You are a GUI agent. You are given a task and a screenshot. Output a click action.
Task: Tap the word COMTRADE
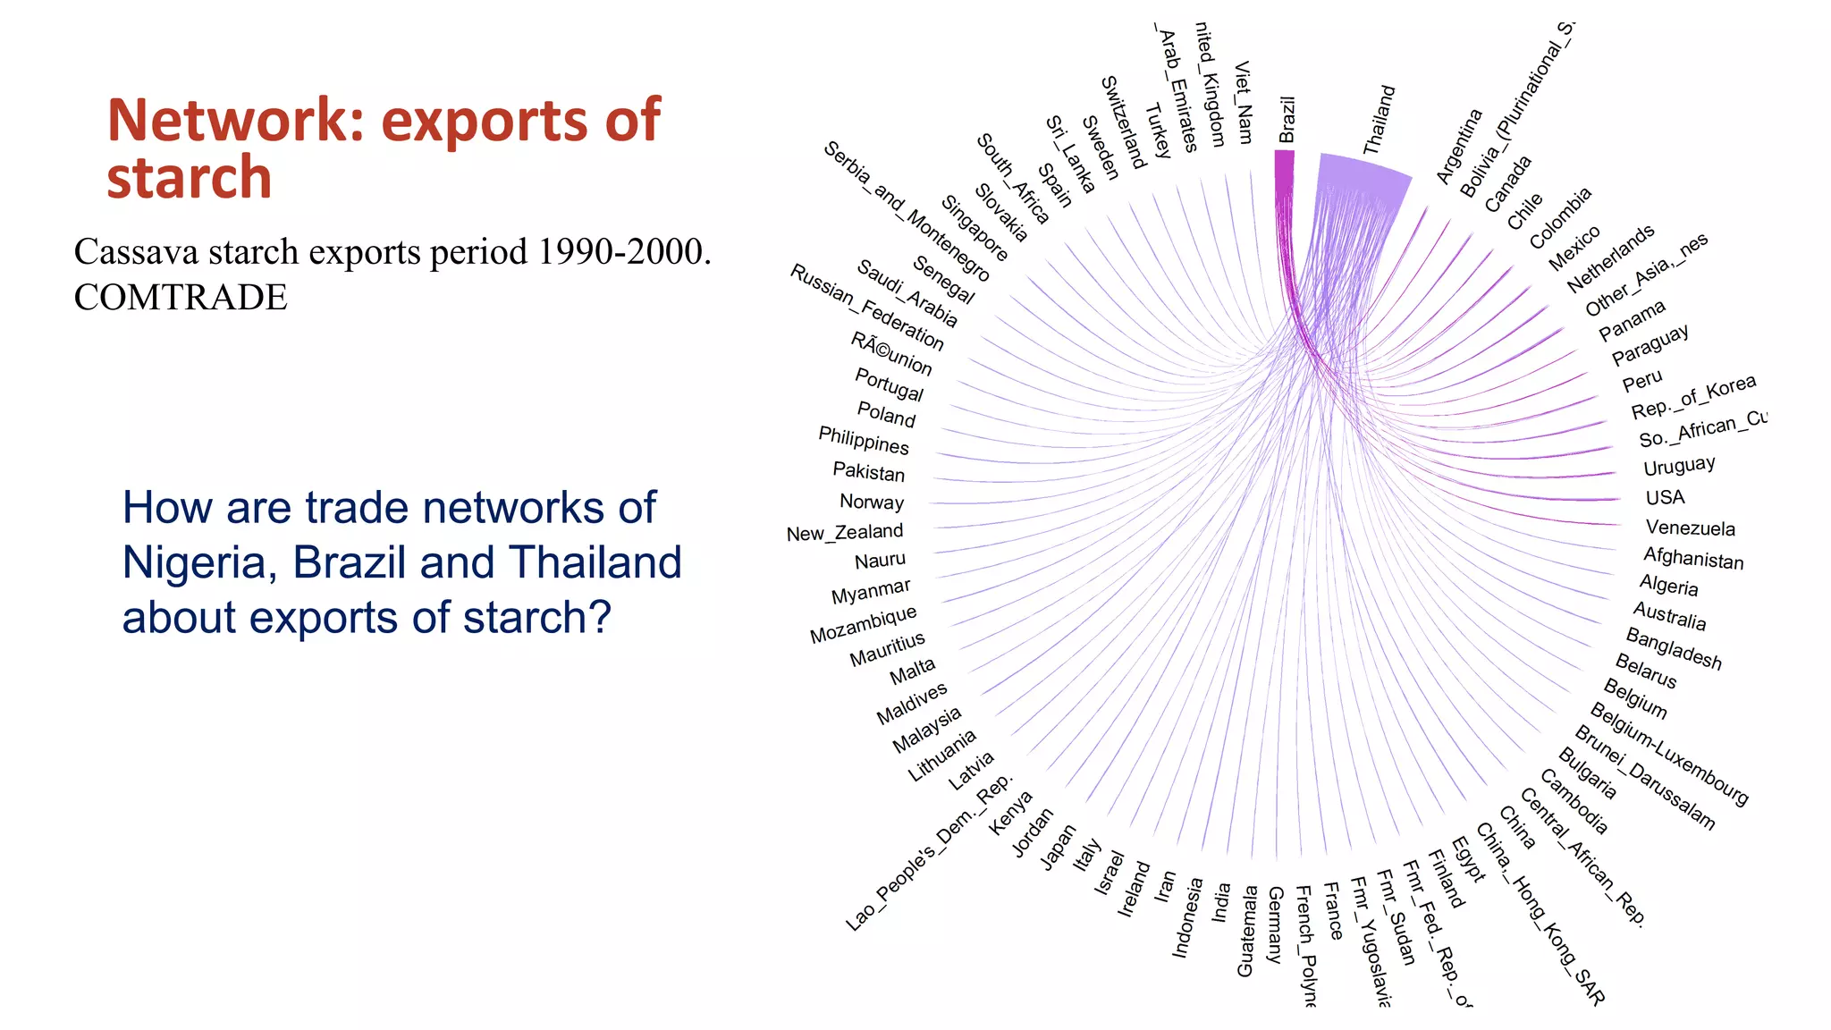click(181, 298)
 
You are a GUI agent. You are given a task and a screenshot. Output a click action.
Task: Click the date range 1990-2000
click(623, 252)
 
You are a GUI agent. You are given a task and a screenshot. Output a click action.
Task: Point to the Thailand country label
click(1379, 120)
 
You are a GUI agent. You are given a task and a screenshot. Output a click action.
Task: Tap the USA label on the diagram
click(1665, 498)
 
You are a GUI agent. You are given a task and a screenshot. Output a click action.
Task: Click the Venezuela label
click(1690, 528)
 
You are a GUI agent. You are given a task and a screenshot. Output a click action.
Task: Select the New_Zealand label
click(845, 533)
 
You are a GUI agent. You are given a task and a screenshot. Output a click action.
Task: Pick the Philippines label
click(864, 440)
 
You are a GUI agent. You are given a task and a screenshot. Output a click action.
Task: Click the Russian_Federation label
click(866, 307)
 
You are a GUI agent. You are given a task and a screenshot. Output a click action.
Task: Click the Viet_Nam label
click(1243, 102)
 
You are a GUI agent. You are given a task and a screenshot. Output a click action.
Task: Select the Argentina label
click(1459, 146)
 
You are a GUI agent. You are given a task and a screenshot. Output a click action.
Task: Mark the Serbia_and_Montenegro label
click(906, 211)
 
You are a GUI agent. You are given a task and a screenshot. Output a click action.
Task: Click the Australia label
click(1669, 616)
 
